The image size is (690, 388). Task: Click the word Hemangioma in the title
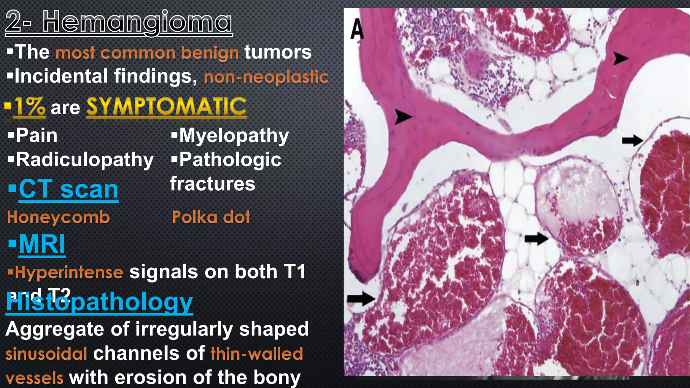click(137, 22)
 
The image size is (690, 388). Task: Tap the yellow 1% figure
click(29, 107)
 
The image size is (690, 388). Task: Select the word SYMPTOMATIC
click(166, 107)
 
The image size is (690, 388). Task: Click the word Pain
click(36, 136)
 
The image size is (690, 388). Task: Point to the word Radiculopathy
click(85, 160)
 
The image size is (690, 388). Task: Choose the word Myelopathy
click(234, 136)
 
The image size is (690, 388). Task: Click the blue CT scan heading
click(68, 190)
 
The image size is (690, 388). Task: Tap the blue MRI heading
click(42, 244)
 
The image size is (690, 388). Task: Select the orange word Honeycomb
click(59, 218)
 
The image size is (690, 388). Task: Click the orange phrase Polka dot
click(211, 218)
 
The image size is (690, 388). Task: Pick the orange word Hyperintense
click(69, 272)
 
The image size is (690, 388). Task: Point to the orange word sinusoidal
click(46, 354)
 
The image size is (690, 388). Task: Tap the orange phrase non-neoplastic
click(266, 77)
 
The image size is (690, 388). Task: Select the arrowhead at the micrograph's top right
click(620, 58)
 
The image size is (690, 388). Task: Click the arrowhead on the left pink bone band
click(403, 117)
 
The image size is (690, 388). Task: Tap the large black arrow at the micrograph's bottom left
click(361, 298)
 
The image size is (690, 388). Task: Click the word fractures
click(213, 184)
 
